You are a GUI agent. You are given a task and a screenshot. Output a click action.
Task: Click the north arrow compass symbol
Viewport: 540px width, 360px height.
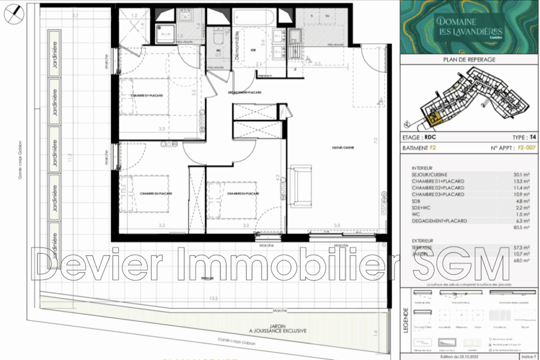coord(14,14)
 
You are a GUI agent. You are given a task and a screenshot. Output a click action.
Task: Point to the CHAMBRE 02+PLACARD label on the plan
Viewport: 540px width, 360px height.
coord(156,193)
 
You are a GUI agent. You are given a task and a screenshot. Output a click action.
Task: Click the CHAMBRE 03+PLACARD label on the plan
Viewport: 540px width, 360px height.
coord(243,193)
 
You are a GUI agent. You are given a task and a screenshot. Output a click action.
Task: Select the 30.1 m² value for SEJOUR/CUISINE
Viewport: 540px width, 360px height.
coord(524,174)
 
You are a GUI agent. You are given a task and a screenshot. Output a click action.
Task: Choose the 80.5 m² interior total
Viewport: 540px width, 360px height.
coord(524,229)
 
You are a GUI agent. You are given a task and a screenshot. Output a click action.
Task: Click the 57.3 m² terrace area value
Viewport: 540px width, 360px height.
coord(523,247)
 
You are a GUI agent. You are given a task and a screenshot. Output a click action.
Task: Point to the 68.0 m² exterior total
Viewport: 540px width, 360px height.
coord(523,260)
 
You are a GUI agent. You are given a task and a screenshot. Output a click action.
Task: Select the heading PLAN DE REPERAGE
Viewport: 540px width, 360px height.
coord(470,60)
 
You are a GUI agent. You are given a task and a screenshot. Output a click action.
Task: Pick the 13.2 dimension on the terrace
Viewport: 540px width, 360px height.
coord(214,298)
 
